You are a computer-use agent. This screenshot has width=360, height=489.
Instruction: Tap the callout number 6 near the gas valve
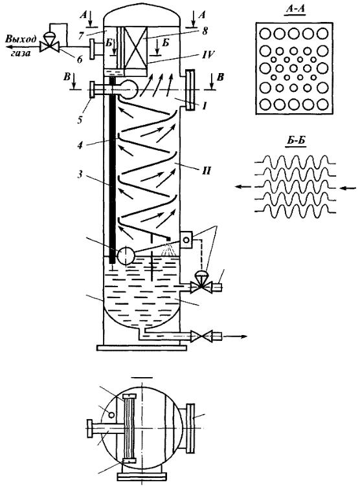tap(80, 60)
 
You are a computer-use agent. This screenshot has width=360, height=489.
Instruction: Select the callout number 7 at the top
tap(81, 35)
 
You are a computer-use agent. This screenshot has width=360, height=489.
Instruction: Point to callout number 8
tap(204, 31)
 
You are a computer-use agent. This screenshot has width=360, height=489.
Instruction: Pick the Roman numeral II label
tap(207, 171)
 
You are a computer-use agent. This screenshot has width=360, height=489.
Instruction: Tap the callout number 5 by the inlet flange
tap(80, 120)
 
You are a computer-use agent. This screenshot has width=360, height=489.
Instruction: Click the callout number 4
tap(80, 145)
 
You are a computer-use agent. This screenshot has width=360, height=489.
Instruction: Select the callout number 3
tap(80, 174)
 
